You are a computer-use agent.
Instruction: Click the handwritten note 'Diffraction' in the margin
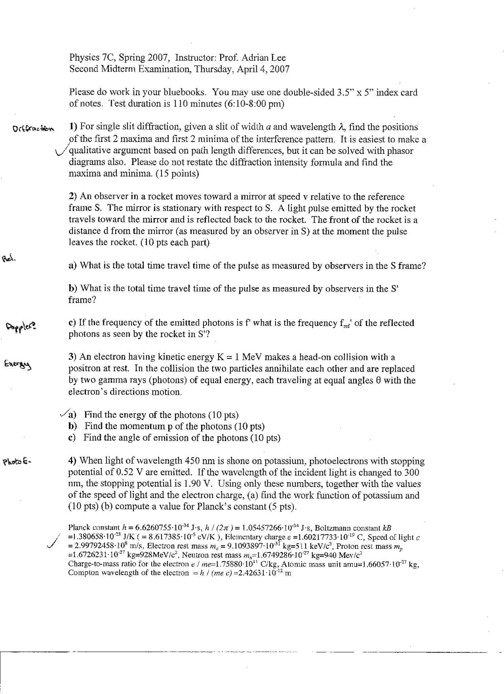point(34,128)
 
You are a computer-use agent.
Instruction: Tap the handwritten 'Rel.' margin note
point(9,258)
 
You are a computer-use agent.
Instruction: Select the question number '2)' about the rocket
point(73,196)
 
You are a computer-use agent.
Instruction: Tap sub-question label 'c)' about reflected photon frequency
point(72,323)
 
